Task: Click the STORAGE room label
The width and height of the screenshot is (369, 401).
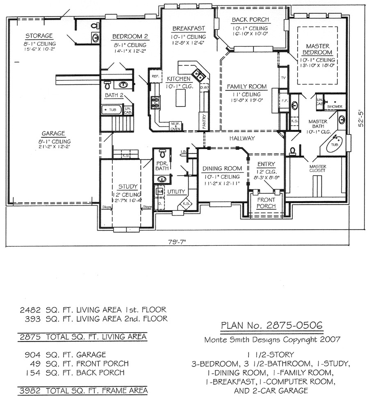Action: pos(39,36)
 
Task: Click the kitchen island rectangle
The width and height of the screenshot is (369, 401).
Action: pos(181,97)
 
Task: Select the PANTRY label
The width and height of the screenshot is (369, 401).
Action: pos(204,121)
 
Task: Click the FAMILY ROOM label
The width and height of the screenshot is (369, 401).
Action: pos(247,86)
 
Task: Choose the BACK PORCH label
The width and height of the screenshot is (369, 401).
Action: pos(250,20)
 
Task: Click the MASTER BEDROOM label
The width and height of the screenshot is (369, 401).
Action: pos(317,49)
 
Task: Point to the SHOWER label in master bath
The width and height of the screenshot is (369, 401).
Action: pos(335,106)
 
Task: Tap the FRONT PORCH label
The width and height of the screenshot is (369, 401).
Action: pos(266,203)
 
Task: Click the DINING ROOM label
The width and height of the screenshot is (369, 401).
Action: pos(223,168)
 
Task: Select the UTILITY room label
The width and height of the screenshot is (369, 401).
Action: pos(177,191)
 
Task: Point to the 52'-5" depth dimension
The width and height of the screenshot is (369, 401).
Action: pos(360,118)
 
